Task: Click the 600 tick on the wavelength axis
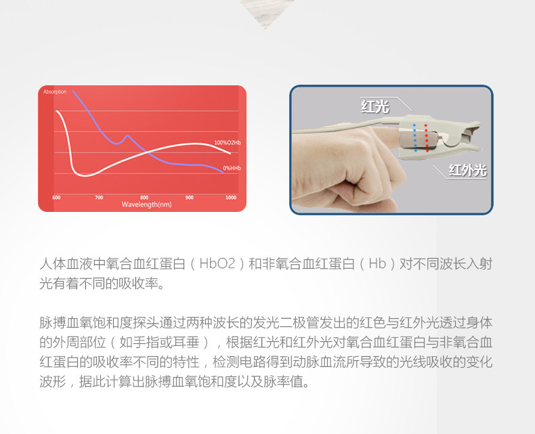click(56, 198)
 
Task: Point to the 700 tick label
click(99, 198)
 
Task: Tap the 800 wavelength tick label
click(144, 198)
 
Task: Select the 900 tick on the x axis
click(190, 198)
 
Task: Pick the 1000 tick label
click(231, 198)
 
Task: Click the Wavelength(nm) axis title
click(147, 204)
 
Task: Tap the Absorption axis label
click(55, 92)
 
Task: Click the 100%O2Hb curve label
click(228, 142)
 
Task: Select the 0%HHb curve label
click(232, 168)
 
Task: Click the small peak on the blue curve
click(127, 136)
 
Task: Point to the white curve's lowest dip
click(85, 175)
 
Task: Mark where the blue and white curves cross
click(147, 152)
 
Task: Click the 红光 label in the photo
click(375, 106)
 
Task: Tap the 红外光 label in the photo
click(467, 170)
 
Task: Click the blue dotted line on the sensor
click(415, 137)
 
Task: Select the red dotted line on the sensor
click(426, 137)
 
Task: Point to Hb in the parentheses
click(377, 264)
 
